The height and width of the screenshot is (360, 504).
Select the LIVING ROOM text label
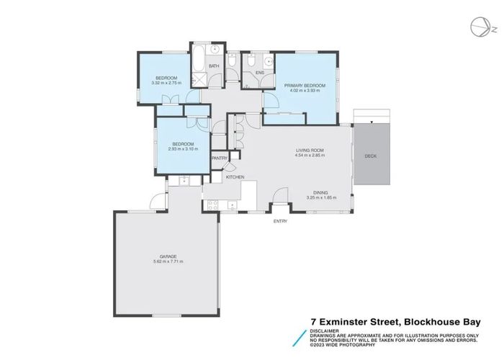(310, 150)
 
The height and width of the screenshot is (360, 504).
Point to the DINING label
(321, 192)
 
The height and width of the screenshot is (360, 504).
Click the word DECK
(370, 156)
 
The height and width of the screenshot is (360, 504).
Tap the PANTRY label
(220, 158)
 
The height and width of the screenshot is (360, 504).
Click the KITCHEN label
(235, 177)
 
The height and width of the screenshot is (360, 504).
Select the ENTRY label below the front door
(280, 221)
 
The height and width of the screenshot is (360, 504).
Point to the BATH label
(214, 67)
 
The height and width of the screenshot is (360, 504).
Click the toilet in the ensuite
(248, 63)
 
